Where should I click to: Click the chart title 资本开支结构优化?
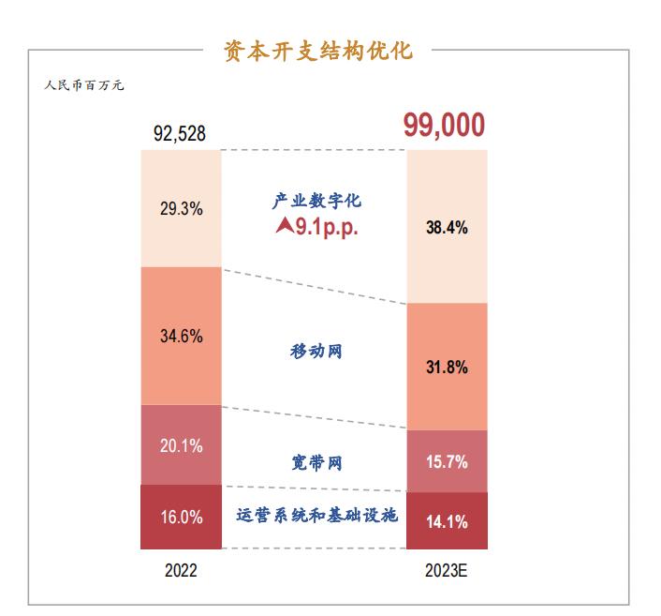point(318,50)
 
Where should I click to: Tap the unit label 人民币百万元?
point(84,85)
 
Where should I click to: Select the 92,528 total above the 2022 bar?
point(180,134)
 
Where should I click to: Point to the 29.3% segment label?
point(181,209)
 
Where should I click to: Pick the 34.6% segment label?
point(181,336)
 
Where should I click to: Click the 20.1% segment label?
point(181,445)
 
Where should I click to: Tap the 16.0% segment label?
point(181,517)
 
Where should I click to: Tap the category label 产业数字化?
point(316,201)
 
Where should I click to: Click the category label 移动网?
point(316,352)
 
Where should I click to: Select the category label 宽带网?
point(316,462)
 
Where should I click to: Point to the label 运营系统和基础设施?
point(317,516)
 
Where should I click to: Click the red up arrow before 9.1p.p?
point(284,225)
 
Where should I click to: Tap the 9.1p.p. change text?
point(328,226)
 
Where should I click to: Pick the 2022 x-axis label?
point(181,570)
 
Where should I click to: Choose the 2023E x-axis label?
point(446,570)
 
